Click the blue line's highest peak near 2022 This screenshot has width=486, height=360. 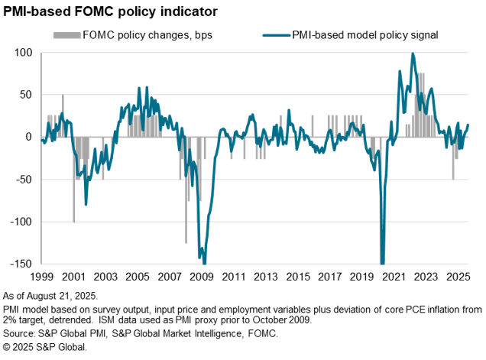click(413, 54)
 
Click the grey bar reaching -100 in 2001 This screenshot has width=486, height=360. click(73, 180)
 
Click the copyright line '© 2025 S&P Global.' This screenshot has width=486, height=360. click(45, 347)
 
